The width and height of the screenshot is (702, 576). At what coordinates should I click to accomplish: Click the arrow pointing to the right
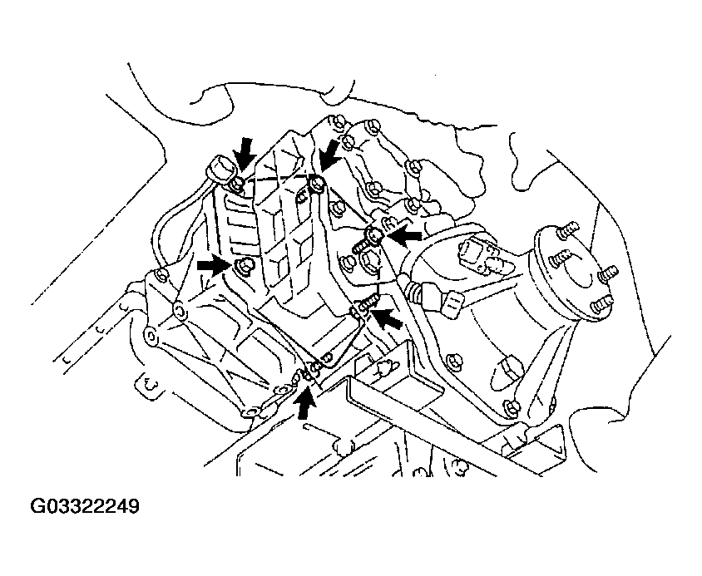tap(212, 265)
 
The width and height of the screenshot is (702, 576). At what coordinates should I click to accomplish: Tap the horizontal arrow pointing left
tap(404, 237)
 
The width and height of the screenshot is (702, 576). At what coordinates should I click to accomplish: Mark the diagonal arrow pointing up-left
tap(387, 320)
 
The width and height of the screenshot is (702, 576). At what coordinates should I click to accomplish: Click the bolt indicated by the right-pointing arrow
tap(244, 266)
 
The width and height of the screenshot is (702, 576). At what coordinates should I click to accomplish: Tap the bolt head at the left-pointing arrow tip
tap(373, 237)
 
